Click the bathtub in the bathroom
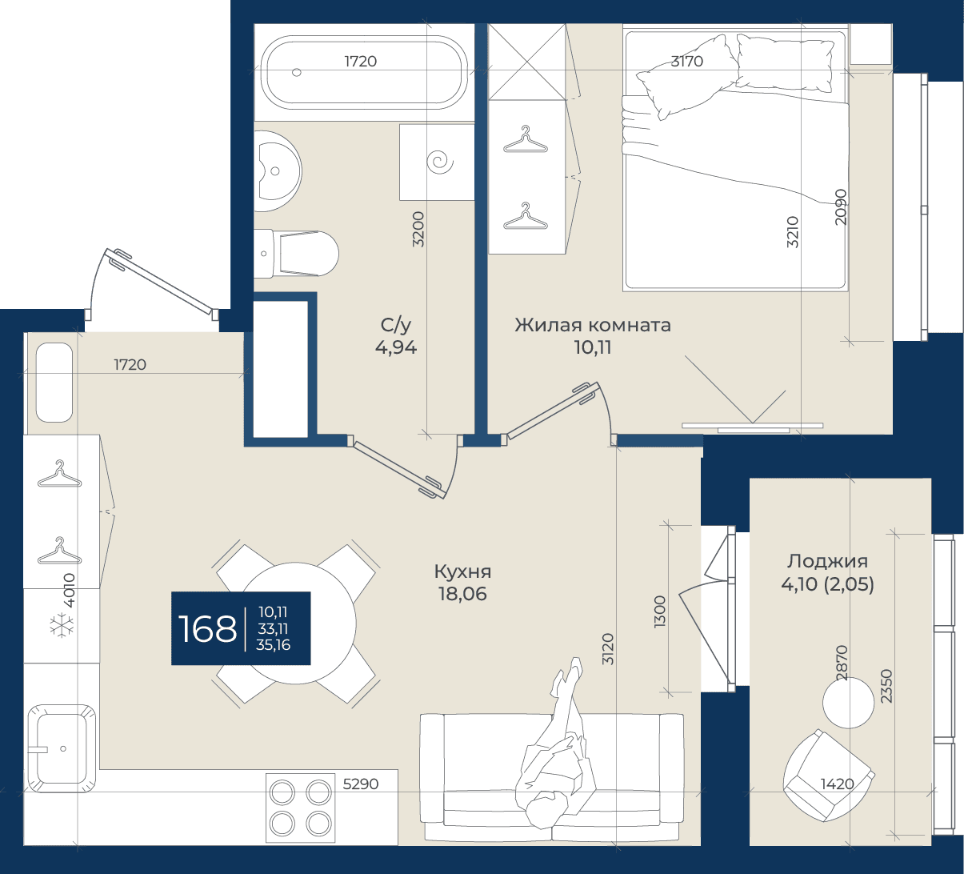(365, 72)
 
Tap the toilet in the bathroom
(297, 254)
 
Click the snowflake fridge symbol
(62, 625)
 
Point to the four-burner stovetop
(300, 808)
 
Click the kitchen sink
(61, 749)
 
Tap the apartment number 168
(207, 628)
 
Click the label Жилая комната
(593, 325)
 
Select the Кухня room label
(462, 572)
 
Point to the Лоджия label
(827, 561)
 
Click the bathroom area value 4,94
(396, 347)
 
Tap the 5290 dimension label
(361, 784)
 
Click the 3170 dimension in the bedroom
(686, 61)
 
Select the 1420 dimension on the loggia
(837, 784)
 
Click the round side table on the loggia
(848, 703)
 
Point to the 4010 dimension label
(70, 591)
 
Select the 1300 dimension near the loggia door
(660, 611)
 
